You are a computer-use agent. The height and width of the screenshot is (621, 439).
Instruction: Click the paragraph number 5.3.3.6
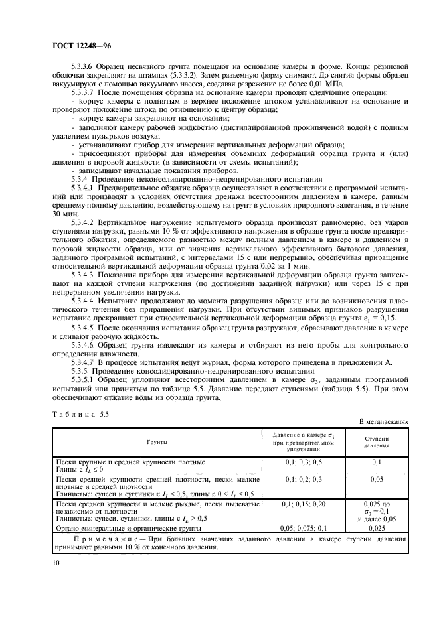(x=84, y=67)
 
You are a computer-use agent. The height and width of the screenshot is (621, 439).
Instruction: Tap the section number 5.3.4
(x=80, y=179)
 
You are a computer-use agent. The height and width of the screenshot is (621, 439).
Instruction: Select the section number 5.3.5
(x=80, y=370)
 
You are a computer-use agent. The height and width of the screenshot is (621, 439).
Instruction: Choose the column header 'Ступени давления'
(x=377, y=441)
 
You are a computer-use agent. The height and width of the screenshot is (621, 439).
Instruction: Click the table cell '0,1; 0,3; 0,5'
(x=303, y=461)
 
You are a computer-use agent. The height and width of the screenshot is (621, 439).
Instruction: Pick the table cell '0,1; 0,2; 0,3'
(x=303, y=478)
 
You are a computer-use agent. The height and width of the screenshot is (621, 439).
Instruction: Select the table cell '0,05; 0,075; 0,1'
(x=303, y=528)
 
